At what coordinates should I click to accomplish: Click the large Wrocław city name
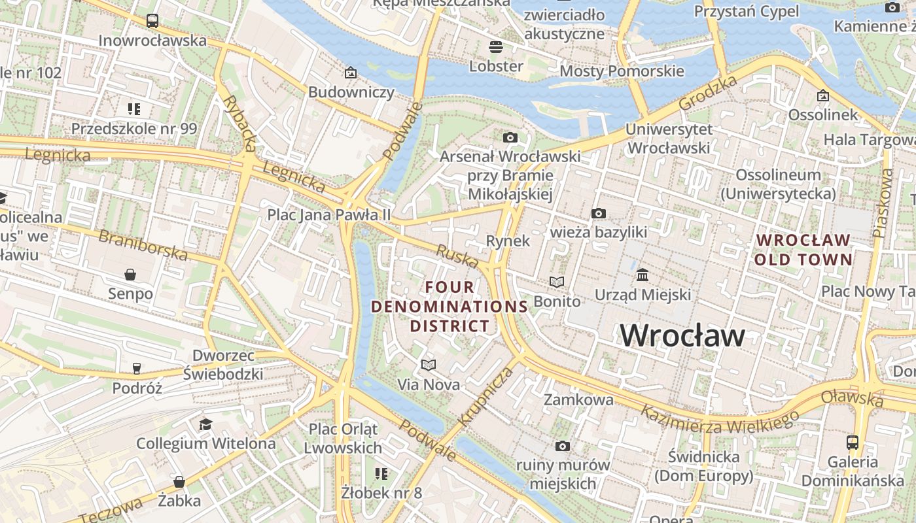click(682, 335)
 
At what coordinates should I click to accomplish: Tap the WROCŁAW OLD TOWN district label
click(803, 250)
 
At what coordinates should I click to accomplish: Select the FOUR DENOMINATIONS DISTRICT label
click(449, 306)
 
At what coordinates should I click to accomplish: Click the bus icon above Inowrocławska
click(152, 20)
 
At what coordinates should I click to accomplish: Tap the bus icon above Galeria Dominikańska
click(853, 442)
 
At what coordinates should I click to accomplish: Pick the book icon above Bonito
click(557, 282)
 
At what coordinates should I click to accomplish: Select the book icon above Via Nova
click(429, 365)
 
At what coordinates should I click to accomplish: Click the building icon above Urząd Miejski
click(643, 275)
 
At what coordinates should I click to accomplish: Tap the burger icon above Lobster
click(496, 46)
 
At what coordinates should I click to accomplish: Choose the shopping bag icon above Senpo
click(130, 274)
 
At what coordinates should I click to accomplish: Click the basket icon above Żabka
click(179, 482)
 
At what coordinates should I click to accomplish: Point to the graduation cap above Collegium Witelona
click(206, 424)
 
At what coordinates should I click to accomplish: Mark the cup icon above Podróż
click(137, 369)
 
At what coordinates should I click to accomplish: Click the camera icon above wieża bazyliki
click(598, 213)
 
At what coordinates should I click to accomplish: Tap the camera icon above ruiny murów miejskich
click(562, 446)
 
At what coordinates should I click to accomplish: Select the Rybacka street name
click(239, 123)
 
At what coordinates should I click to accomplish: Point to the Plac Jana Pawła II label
click(328, 214)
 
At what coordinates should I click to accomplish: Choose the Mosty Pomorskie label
click(622, 71)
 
